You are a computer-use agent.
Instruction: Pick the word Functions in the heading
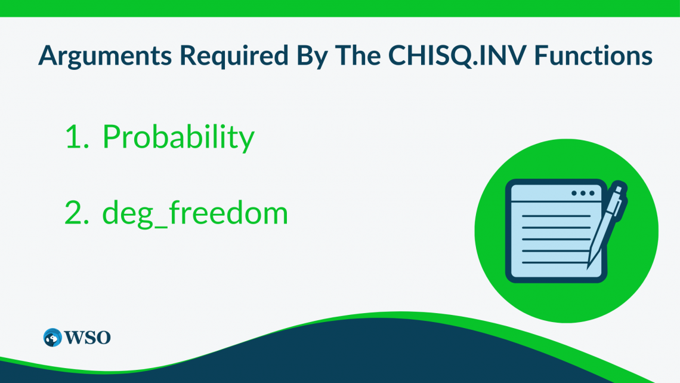tap(592, 56)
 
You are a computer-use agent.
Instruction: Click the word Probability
tap(178, 138)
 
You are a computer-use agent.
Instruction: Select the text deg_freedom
tap(195, 213)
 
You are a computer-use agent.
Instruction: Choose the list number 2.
tap(76, 213)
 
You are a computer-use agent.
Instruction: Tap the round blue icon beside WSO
tap(52, 337)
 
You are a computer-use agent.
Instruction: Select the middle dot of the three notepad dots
tap(583, 193)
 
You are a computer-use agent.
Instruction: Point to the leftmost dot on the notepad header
tap(574, 193)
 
